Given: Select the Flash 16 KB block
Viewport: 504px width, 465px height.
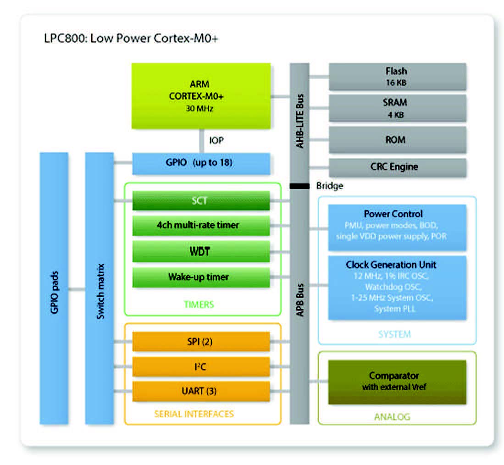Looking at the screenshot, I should pos(397,77).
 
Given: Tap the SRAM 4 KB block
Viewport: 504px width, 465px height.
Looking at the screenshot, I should pos(397,108).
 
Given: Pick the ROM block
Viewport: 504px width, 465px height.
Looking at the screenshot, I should pos(397,139).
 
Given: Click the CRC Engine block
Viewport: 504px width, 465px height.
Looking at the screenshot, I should pos(397,167).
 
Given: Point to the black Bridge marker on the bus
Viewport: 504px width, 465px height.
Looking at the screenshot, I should pos(299,186).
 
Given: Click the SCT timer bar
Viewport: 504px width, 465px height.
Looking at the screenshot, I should pos(200,200).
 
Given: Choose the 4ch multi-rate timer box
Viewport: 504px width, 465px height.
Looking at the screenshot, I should pos(200,225).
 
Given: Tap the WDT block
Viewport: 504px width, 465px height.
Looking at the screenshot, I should pos(200,251).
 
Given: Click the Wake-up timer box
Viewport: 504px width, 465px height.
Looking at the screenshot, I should pos(200,277).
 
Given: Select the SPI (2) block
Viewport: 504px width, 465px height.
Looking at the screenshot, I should pos(200,342).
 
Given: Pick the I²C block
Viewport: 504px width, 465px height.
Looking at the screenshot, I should pos(200,366).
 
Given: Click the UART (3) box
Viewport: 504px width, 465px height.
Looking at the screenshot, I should pos(200,391).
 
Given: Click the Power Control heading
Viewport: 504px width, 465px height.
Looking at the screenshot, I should pos(393,214).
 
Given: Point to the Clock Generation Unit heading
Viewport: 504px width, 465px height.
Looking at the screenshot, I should pos(391,265).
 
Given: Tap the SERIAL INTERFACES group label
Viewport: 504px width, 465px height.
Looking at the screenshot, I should pos(194,414).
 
